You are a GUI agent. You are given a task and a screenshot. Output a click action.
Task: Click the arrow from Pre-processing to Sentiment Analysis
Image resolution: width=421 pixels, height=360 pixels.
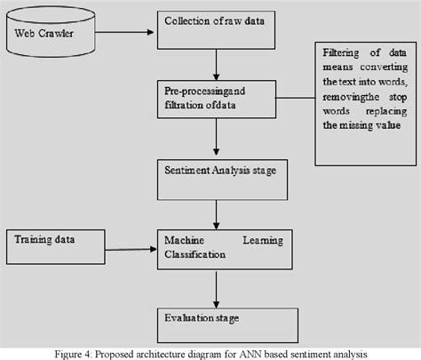click(216, 138)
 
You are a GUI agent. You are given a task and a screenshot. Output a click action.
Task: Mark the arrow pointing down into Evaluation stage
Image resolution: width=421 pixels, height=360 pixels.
click(216, 286)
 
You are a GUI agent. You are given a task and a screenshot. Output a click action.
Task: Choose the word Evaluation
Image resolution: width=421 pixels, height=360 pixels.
click(187, 316)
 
